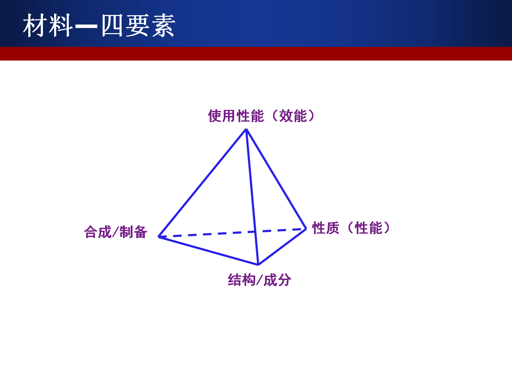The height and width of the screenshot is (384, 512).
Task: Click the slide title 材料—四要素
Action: coord(99,25)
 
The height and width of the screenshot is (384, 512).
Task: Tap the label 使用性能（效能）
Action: coord(262,116)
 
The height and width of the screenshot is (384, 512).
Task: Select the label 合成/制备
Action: coord(116,232)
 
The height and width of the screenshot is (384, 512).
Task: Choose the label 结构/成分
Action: coord(259,280)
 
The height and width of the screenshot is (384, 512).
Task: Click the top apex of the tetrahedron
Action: coord(246,129)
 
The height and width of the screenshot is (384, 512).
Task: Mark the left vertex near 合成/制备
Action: coord(159,237)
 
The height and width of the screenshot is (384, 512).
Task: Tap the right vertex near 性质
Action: coord(306,229)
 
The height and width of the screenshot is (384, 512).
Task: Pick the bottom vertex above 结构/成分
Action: coord(258,265)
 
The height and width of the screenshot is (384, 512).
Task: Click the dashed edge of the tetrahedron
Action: coord(232,233)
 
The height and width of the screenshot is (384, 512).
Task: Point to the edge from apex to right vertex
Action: coord(276,179)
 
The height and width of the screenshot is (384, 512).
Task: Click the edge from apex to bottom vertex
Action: coord(252,197)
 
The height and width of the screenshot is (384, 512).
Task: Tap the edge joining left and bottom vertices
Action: coord(209,251)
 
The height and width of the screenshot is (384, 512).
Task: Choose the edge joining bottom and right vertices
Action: coord(282,247)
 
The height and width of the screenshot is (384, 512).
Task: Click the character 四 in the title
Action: coord(112,25)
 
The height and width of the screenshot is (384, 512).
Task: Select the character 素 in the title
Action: coord(163,25)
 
